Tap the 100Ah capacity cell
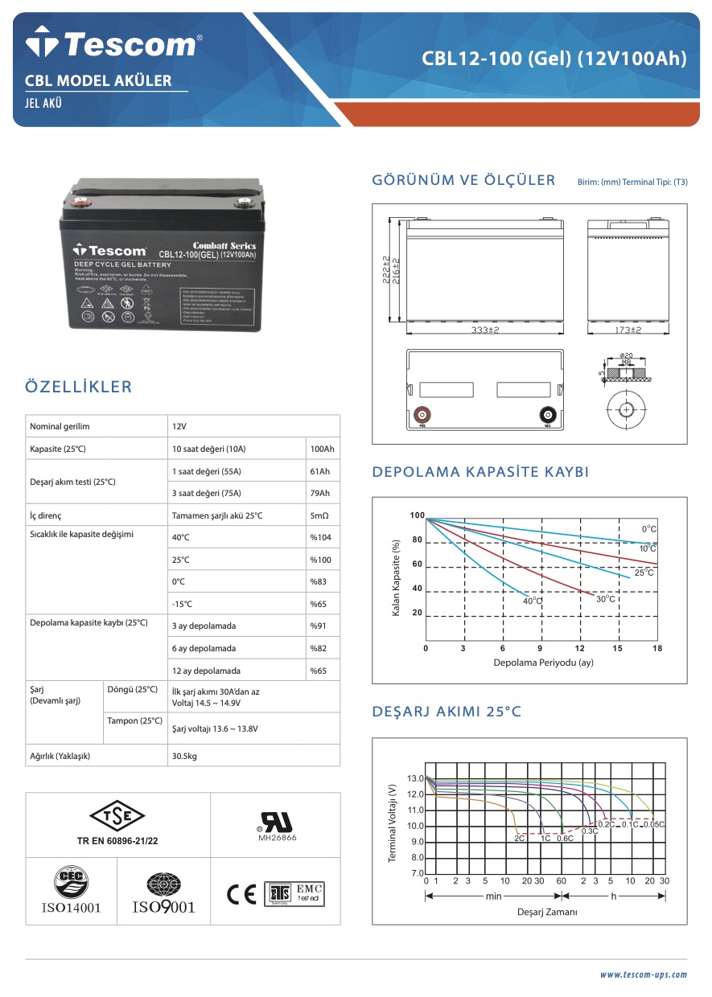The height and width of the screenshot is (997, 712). coord(322,449)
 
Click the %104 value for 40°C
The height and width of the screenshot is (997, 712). coord(320,537)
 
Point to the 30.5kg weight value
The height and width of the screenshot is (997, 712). coord(185,756)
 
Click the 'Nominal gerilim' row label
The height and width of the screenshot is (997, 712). coord(60,426)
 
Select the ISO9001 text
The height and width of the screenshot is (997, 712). coord(163,908)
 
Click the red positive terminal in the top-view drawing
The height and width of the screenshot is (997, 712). coord(421,416)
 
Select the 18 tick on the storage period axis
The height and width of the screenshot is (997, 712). coord(656,648)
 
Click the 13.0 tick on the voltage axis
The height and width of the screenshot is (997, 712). coord(415,778)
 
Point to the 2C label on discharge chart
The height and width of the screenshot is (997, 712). coord(520,839)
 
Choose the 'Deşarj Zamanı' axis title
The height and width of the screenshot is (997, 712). coord(547,912)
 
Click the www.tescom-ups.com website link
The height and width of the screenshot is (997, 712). coord(644,974)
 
